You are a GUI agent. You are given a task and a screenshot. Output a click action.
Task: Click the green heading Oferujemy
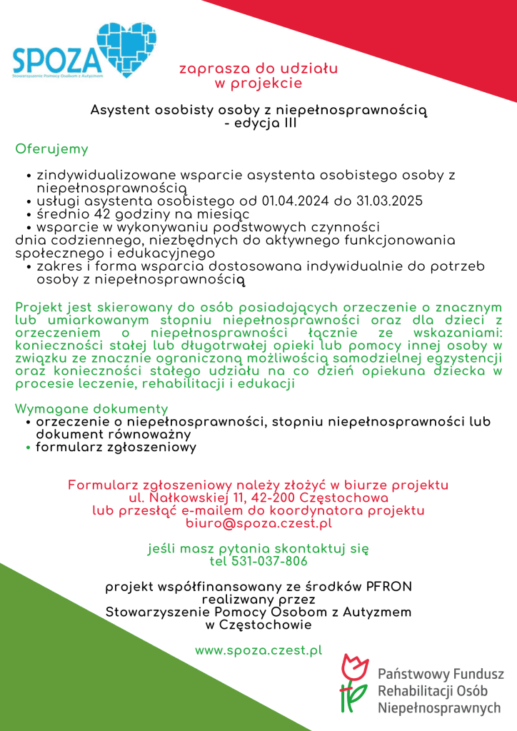[x=51, y=149]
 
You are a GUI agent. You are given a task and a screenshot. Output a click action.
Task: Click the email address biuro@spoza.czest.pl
[x=258, y=523]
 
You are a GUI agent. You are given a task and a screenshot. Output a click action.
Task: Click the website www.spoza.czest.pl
[x=258, y=650]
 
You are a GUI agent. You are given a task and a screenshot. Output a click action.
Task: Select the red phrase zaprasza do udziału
[x=258, y=69]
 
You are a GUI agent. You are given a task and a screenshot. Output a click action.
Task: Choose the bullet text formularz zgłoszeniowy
[x=116, y=448]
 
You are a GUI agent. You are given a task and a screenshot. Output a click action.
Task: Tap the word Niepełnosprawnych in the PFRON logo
[x=438, y=708]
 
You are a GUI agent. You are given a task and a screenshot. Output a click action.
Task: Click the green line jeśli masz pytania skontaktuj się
[x=258, y=548]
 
